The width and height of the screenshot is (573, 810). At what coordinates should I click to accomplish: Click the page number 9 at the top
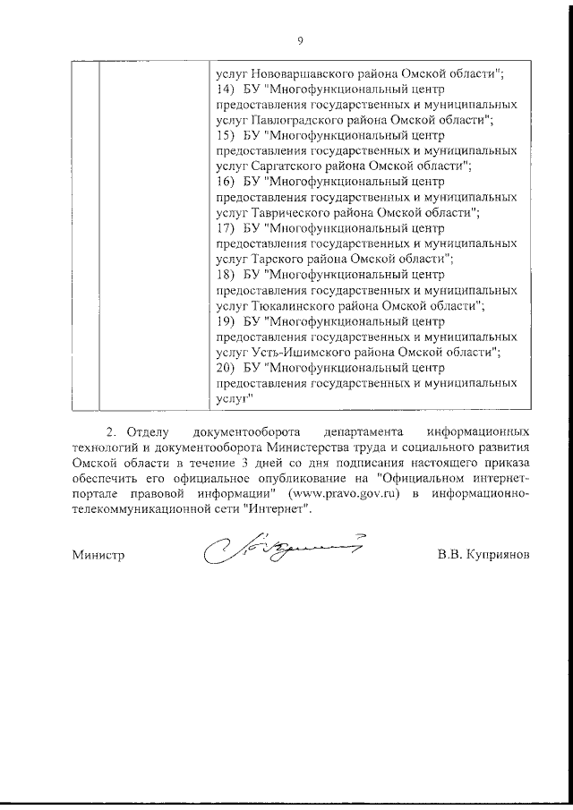tap(300, 39)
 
